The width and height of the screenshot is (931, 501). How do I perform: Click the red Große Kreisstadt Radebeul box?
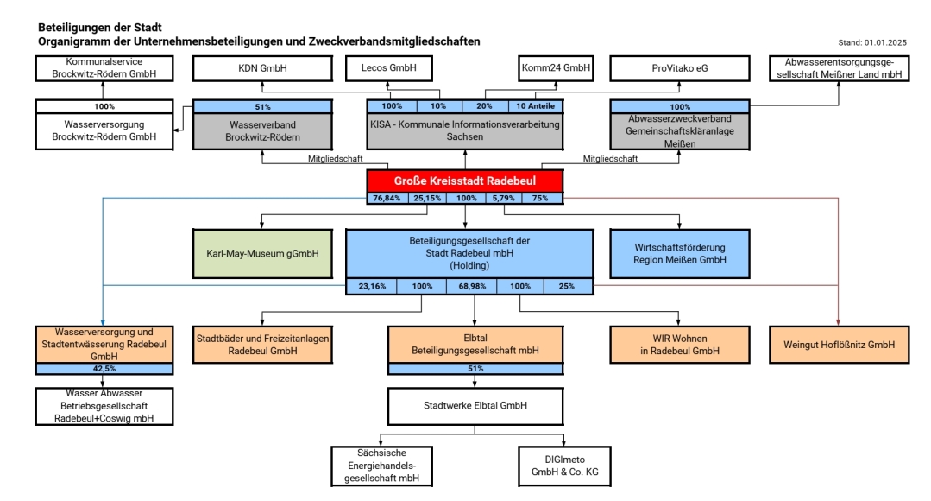464,181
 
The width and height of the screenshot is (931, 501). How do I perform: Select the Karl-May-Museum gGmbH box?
263,254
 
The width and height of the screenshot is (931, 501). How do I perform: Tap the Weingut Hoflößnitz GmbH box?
839,345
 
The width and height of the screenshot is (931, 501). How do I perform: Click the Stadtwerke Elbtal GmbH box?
475,404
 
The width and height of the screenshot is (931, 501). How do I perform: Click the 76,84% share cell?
387,199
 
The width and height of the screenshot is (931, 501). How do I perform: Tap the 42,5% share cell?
102,369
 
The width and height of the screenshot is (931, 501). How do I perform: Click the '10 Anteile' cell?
535,106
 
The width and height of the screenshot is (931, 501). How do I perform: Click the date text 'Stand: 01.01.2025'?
873,42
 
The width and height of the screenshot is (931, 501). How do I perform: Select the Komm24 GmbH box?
556,67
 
